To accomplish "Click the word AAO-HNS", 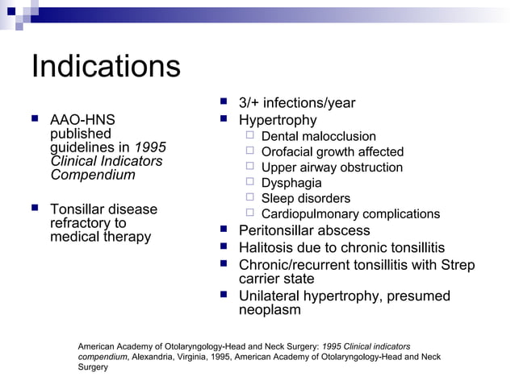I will pyautogui.click(x=82, y=120).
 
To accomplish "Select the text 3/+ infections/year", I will pyautogui.click(x=296, y=103).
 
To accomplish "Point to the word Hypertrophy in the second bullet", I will pyautogui.click(x=278, y=120).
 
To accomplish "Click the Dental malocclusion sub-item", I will pyautogui.click(x=319, y=137).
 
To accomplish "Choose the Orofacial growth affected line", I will pyautogui.click(x=333, y=152).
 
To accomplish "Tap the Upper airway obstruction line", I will pyautogui.click(x=332, y=168).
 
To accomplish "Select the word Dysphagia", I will pyautogui.click(x=291, y=183).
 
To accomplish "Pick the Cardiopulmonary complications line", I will pyautogui.click(x=350, y=213).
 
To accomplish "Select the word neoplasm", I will pyautogui.click(x=270, y=310).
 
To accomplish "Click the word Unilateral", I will pyautogui.click(x=270, y=296).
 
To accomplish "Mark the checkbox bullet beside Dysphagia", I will pyautogui.click(x=250, y=183).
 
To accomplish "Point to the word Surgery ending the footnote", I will pyautogui.click(x=92, y=367).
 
